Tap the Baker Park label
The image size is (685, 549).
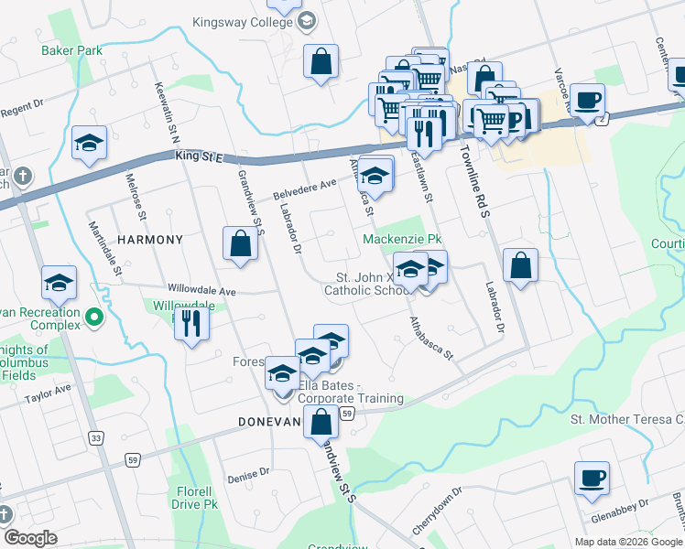71,50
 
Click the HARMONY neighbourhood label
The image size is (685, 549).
150,239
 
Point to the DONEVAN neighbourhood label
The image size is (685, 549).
269,422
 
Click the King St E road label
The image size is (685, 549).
198,157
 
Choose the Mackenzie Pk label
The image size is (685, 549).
396,239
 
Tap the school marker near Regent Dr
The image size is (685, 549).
90,144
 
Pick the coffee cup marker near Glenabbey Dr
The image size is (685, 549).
592,479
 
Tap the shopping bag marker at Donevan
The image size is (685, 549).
321,423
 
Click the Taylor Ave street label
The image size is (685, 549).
49,394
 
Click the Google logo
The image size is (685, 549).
30,538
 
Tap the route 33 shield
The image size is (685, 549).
96,439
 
